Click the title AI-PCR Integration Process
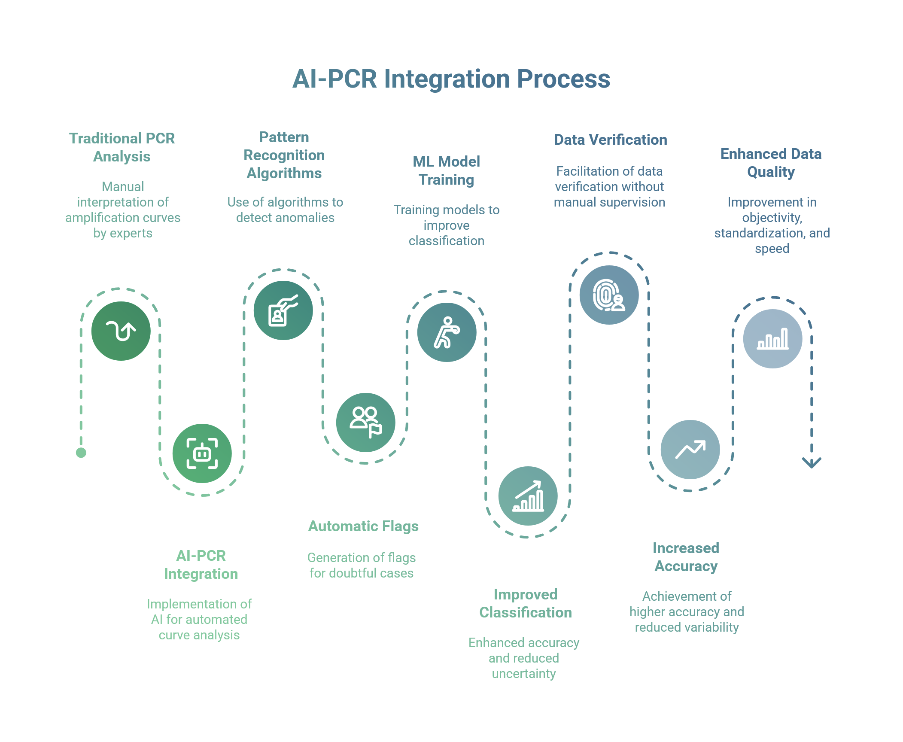[x=451, y=79]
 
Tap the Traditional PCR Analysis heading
[x=122, y=147]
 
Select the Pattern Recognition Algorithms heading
[x=284, y=155]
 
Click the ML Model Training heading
[x=446, y=170]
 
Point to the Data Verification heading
[x=610, y=140]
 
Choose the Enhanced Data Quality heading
[x=771, y=163]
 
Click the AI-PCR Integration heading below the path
[x=201, y=565]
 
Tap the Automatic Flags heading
[x=363, y=526]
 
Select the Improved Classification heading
[x=525, y=603]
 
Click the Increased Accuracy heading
[x=686, y=557]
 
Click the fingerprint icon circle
[x=609, y=295]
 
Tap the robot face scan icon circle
[x=202, y=453]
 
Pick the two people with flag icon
[x=365, y=423]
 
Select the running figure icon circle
[x=447, y=332]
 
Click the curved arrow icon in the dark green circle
[x=121, y=331]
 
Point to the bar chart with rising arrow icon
[x=528, y=496]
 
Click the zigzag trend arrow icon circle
[x=690, y=450]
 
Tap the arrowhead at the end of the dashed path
[x=811, y=463]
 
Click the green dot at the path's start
[x=81, y=453]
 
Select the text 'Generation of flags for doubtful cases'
[x=362, y=565]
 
